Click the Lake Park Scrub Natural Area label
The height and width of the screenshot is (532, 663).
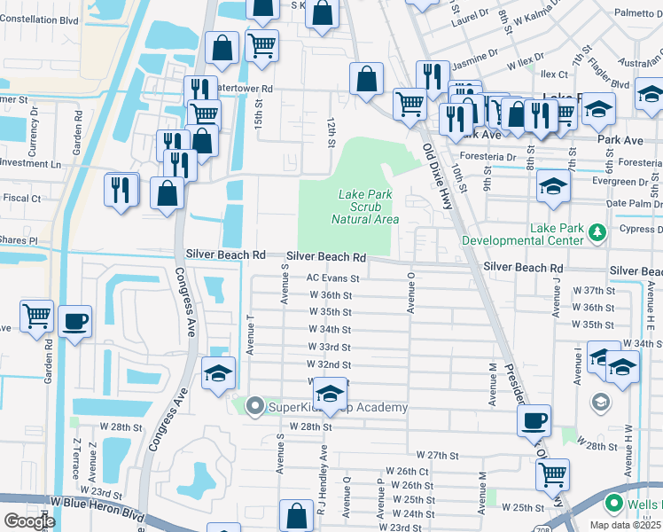point(365,207)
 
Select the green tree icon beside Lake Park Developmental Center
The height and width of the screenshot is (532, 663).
point(597,232)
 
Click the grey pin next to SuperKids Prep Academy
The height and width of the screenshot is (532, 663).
point(255,407)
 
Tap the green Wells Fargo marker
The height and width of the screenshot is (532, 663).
point(612,504)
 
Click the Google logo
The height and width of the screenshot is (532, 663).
point(28,521)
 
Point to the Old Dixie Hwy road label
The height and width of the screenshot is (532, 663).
point(436,176)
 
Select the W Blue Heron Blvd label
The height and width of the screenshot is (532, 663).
point(97,502)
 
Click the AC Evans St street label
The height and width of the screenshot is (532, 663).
point(332,278)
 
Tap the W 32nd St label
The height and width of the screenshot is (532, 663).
point(329,364)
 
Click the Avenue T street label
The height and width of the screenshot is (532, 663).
point(250,333)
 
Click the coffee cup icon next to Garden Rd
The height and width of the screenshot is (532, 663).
point(75,320)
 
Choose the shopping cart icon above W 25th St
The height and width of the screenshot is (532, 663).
point(552,473)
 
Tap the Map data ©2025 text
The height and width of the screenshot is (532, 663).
point(626,525)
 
